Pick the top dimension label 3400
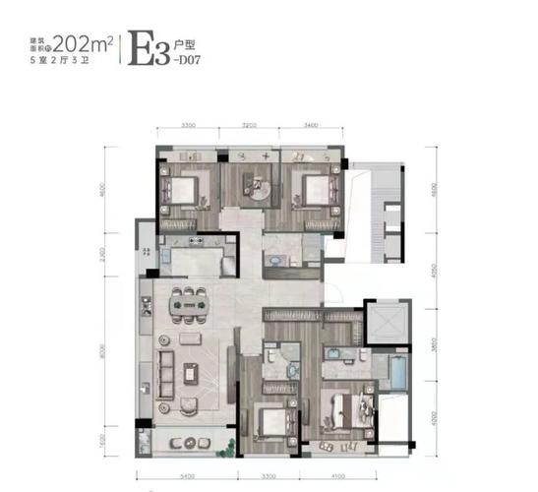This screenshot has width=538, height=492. point(311,125)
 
